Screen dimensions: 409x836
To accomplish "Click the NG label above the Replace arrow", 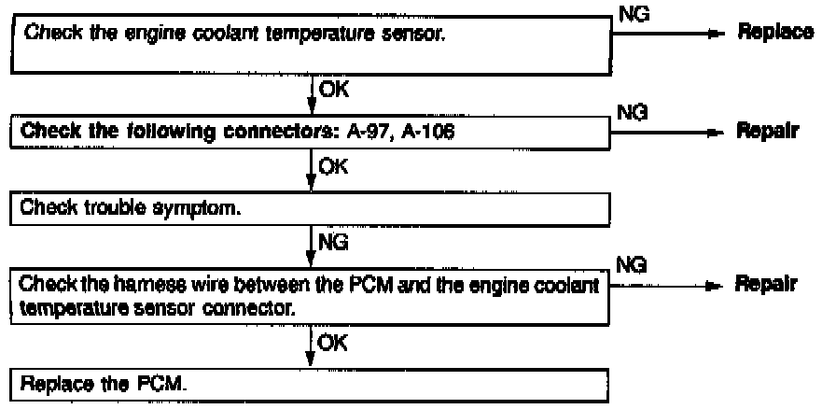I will [630, 13].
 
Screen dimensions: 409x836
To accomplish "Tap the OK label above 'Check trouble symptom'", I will [330, 168].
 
